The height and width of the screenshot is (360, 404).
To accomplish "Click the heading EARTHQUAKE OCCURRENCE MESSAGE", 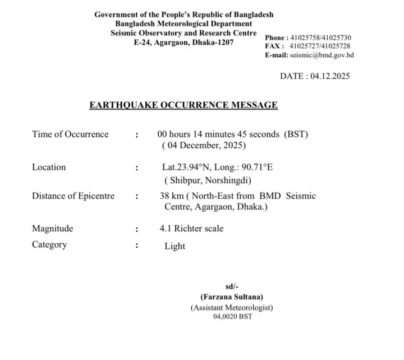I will point(183,105).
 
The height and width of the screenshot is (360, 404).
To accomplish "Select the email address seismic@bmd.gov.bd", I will point(322,55).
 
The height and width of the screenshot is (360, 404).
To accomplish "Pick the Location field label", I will point(49,167).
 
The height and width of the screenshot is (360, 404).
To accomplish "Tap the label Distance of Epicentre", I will point(73,196).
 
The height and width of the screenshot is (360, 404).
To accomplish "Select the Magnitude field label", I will point(52,229).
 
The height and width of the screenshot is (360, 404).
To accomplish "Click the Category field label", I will point(49,244).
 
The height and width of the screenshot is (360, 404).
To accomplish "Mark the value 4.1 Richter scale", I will point(191,229).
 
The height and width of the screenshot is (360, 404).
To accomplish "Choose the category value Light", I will point(175,245).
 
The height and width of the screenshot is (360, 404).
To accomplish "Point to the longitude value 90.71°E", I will point(255,167).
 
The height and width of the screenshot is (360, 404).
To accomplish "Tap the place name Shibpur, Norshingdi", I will point(208,180).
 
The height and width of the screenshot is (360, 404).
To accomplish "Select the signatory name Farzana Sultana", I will point(232,297).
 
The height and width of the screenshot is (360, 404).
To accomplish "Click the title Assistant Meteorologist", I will point(232,307).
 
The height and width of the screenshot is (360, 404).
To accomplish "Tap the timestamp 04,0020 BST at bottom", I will point(232,317).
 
